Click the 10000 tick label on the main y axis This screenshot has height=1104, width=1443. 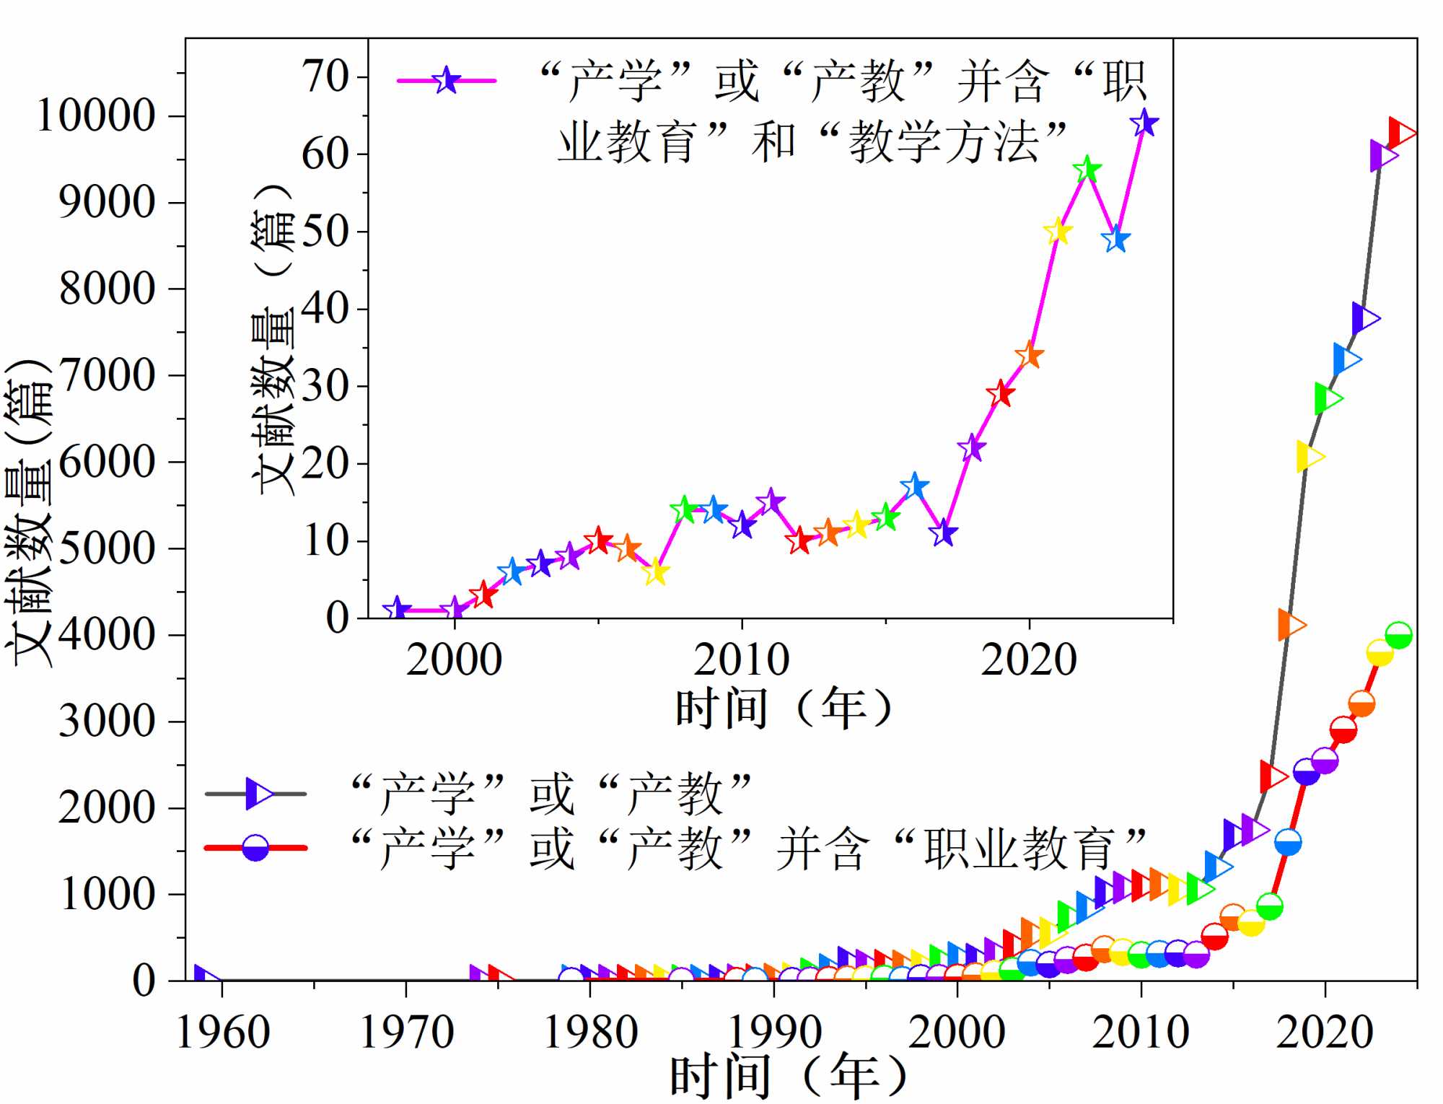pos(96,115)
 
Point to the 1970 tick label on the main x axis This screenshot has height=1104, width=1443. pos(406,1032)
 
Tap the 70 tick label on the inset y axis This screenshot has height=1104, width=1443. pos(325,76)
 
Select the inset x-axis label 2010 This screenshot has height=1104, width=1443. pos(741,660)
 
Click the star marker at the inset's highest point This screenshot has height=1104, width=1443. pos(1144,123)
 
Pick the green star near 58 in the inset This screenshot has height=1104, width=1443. pos(1087,170)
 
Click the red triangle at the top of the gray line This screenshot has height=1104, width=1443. pos(1400,133)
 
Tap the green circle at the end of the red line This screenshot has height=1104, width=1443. pos(1398,636)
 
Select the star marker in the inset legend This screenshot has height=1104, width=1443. pos(447,80)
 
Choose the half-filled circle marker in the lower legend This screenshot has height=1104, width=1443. pos(255,848)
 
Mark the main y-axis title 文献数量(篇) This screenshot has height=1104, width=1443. pos(29,512)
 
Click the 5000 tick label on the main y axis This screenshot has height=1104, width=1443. pos(107,548)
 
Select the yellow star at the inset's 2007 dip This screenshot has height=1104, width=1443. pos(655,573)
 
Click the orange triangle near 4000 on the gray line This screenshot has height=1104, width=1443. pos(1291,625)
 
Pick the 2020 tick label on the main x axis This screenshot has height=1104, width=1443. pos(1325,1032)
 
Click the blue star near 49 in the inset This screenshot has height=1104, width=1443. pos(1115,239)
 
